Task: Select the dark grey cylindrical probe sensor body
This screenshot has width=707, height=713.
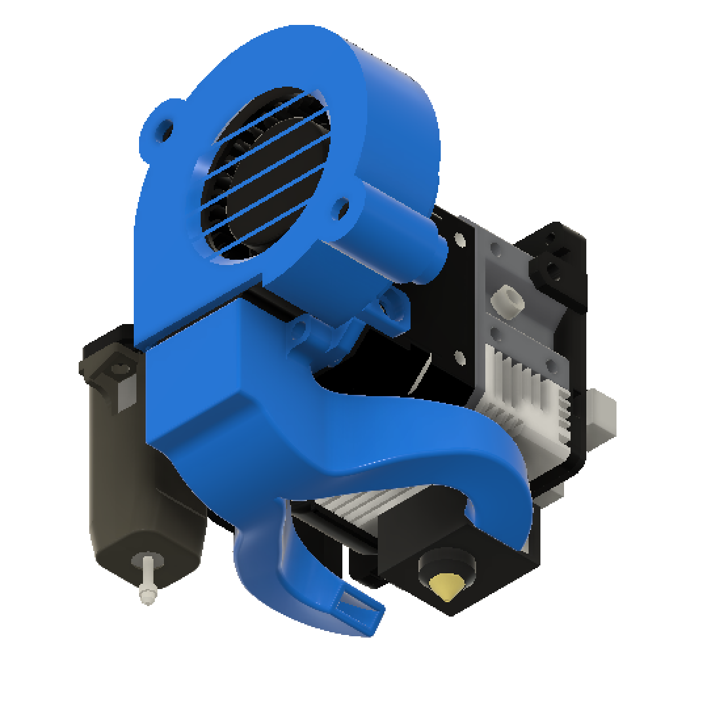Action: (118, 472)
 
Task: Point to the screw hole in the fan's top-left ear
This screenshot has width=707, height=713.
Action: (164, 127)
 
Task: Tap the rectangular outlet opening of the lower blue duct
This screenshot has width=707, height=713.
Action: (359, 611)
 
